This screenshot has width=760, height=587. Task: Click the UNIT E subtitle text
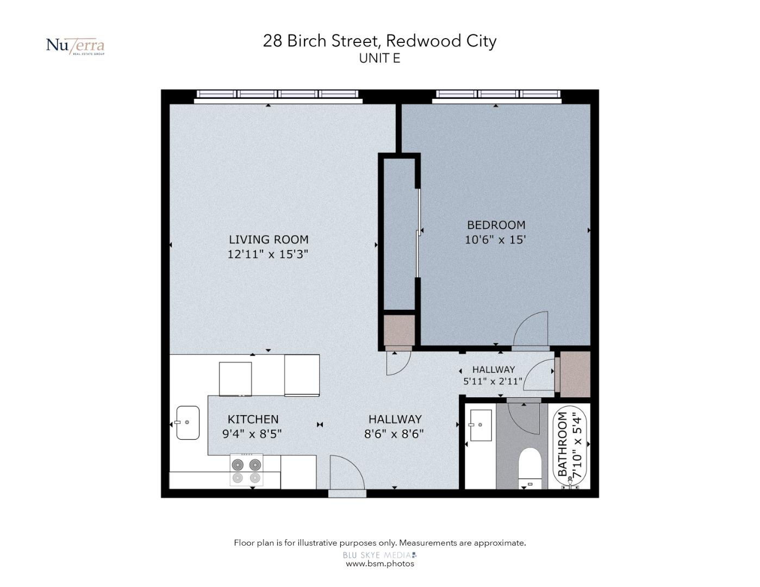379,58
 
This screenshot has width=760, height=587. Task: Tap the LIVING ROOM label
269,240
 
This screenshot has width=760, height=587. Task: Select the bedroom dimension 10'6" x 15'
495,240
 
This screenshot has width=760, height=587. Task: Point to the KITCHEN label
253,419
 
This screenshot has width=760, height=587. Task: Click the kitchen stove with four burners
246,470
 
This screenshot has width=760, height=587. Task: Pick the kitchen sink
188,422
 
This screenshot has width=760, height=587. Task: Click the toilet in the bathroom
530,469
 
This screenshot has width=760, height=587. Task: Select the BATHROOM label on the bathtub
562,445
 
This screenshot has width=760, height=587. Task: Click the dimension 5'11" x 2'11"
493,381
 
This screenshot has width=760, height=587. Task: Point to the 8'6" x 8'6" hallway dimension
394,434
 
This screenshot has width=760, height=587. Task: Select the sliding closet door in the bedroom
418,234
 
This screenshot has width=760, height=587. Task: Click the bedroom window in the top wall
498,94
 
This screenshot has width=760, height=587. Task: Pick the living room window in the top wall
277,94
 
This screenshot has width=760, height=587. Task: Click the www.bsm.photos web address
380,564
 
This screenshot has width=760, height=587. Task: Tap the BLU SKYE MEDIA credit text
379,555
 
